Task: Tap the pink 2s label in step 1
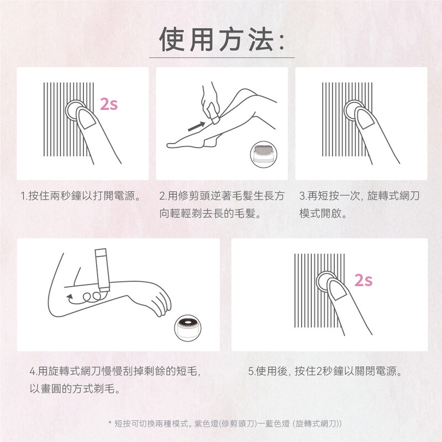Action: [x=109, y=104]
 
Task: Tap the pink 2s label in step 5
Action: [x=364, y=280]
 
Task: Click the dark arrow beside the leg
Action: [x=197, y=127]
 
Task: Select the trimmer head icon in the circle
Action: [x=264, y=155]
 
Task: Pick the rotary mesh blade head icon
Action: [x=188, y=328]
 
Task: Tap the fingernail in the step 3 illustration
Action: [x=366, y=118]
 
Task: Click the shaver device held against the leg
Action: [x=214, y=114]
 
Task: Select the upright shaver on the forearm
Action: [x=102, y=270]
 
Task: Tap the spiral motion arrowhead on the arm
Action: [x=70, y=297]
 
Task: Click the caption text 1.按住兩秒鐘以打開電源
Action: [x=80, y=196]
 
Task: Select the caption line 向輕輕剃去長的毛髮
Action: [x=210, y=213]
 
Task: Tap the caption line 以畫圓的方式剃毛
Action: [x=75, y=389]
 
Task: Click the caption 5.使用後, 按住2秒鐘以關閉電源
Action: [x=325, y=371]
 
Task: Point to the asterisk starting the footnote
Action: [x=110, y=423]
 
